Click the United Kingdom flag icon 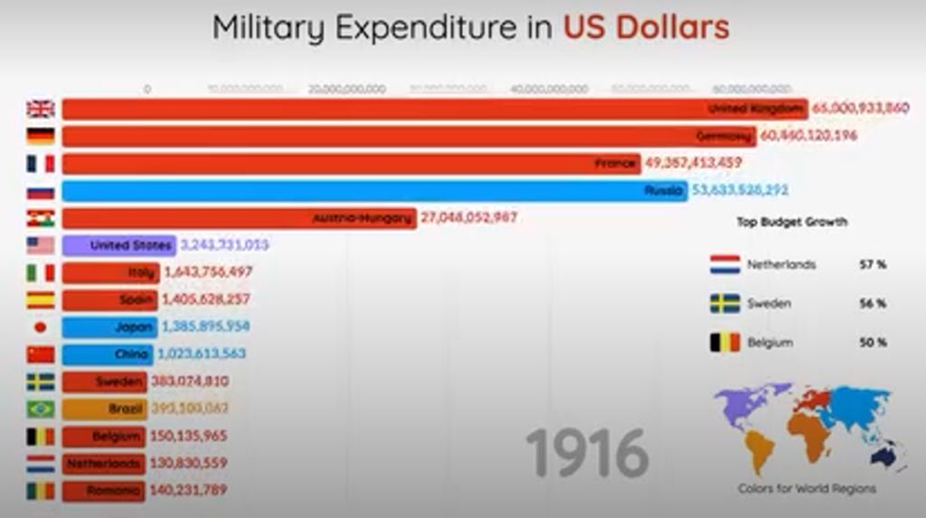pyautogui.click(x=40, y=108)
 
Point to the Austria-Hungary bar pyautogui.click(x=239, y=218)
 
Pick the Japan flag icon pyautogui.click(x=40, y=326)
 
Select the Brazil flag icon pyautogui.click(x=40, y=409)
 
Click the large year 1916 pyautogui.click(x=587, y=453)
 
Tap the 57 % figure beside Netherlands pyautogui.click(x=873, y=265)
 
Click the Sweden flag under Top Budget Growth pyautogui.click(x=724, y=304)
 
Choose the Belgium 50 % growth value pyautogui.click(x=873, y=343)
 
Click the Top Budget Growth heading pyautogui.click(x=792, y=221)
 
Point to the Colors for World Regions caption pyautogui.click(x=806, y=489)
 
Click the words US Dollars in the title pyautogui.click(x=646, y=27)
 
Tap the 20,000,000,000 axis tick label pyautogui.click(x=347, y=89)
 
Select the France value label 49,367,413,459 pyautogui.click(x=694, y=164)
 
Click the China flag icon pyautogui.click(x=40, y=354)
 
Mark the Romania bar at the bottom pyautogui.click(x=103, y=490)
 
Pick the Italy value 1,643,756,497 pyautogui.click(x=207, y=272)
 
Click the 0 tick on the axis pyautogui.click(x=146, y=89)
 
